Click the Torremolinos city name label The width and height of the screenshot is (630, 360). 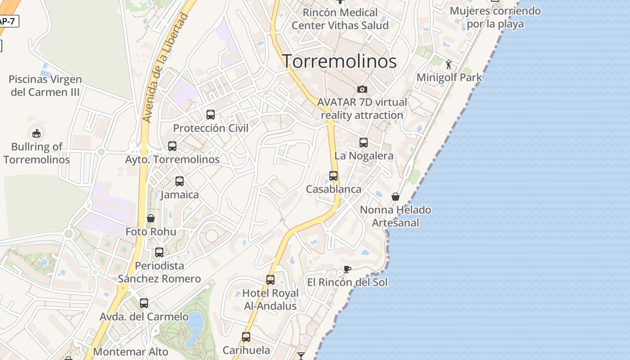pos(339,61)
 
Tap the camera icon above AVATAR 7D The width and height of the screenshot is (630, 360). pos(362,89)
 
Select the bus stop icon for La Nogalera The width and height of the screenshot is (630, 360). pos(364,143)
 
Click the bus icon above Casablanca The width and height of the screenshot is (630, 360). pos(333,176)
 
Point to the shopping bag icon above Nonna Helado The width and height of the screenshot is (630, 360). pos(396,197)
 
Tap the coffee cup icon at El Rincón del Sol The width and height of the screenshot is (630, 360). pos(347,269)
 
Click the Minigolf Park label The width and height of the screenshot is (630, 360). pos(449,77)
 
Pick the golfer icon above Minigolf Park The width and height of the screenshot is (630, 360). pos(449,64)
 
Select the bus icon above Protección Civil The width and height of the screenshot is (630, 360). pos(211,115)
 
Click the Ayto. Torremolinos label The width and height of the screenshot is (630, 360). pos(172,159)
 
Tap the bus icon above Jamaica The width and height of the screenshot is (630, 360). pos(180,181)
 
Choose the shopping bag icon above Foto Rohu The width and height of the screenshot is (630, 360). pos(151,218)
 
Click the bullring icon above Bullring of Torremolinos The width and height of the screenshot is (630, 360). pos(36,133)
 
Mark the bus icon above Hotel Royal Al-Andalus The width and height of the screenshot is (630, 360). pos(270,280)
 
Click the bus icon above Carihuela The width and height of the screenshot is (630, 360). pos(246,337)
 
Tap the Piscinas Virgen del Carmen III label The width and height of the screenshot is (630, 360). pos(45,85)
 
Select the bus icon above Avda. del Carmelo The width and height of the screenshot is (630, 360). pos(144,303)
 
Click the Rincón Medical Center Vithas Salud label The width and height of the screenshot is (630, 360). pos(340,19)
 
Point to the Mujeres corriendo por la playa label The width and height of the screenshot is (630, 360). pos(495,17)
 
